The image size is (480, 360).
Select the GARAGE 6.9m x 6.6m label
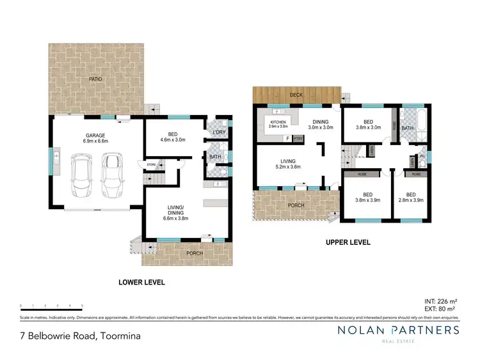tap(96, 139)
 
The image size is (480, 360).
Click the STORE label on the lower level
tap(152, 165)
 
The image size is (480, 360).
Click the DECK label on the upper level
tap(296, 95)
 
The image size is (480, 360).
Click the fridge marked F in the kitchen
tap(288, 138)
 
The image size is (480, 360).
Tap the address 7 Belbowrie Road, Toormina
tap(80, 335)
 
